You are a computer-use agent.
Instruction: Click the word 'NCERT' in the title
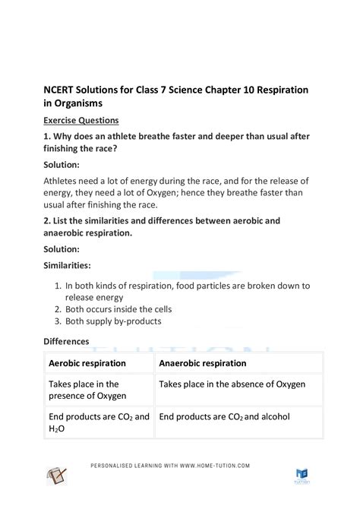[x=63, y=89]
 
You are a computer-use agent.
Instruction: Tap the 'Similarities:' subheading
[x=68, y=266]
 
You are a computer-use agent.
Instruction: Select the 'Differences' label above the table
[x=66, y=342]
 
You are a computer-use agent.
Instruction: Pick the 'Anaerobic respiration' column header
[x=203, y=363]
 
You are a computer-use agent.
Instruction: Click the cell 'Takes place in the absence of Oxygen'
[x=232, y=384]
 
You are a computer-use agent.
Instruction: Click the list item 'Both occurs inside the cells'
[x=118, y=309]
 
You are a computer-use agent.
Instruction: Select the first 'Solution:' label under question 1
[x=65, y=163]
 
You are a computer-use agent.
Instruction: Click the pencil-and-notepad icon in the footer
[x=55, y=476]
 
